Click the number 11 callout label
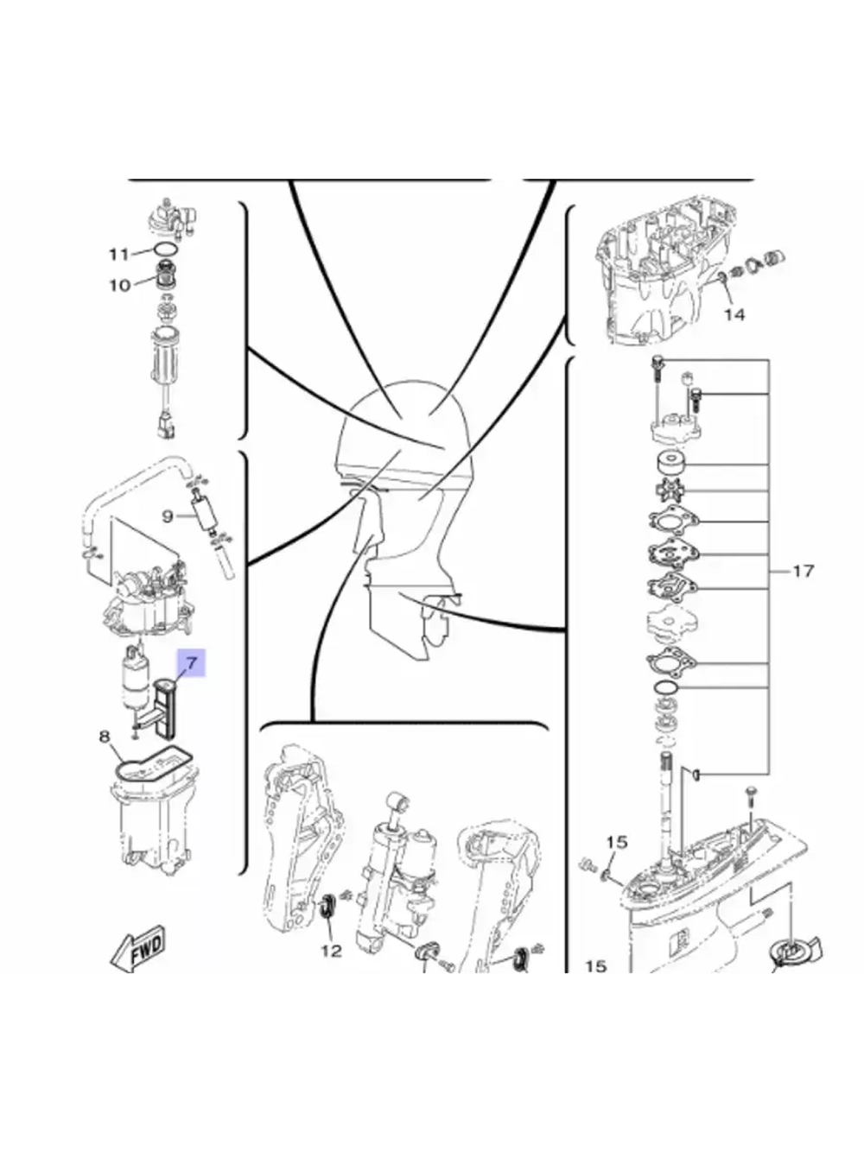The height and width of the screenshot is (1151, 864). [118, 254]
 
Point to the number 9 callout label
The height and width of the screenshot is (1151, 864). [168, 516]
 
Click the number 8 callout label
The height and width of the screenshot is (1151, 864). [105, 737]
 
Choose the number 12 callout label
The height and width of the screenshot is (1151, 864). [331, 951]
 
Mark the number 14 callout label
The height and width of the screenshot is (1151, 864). [734, 314]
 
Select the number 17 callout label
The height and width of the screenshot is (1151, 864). [803, 571]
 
